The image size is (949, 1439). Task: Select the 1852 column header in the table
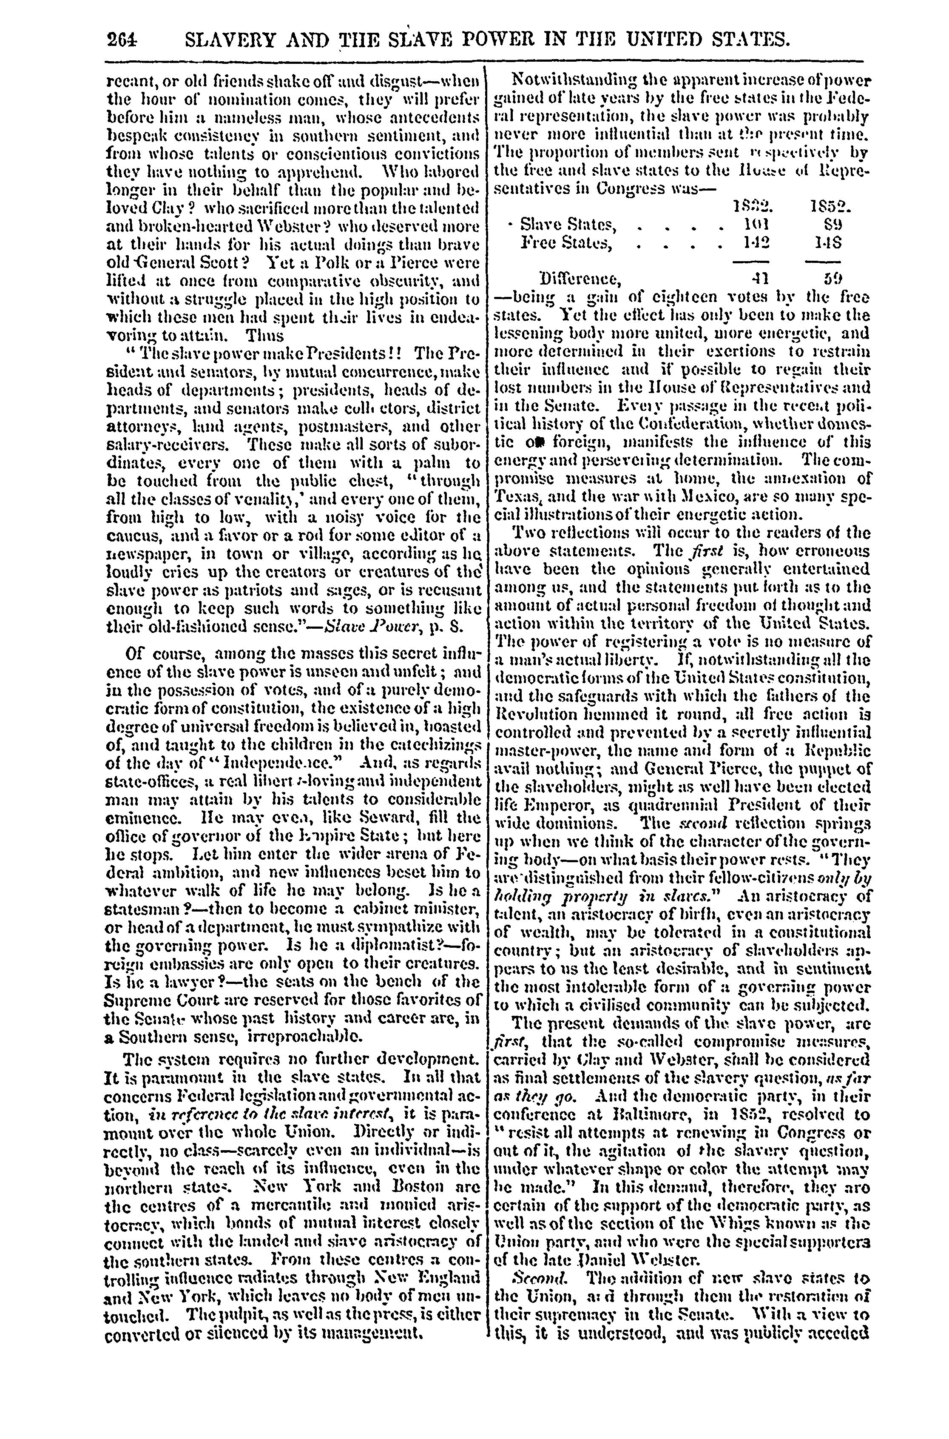tap(830, 208)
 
